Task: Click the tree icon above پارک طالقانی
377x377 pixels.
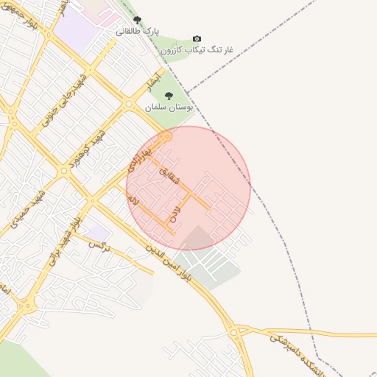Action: [137, 21]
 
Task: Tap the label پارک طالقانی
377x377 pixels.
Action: [137, 32]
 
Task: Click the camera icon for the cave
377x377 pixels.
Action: [197, 38]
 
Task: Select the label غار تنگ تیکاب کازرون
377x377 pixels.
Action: [197, 49]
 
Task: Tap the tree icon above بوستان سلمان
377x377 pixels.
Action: [169, 96]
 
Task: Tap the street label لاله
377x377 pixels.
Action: [133, 200]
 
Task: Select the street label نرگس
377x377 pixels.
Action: [98, 244]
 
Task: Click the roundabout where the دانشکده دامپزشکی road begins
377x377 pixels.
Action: [234, 333]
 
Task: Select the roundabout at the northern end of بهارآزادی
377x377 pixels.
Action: [166, 136]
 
